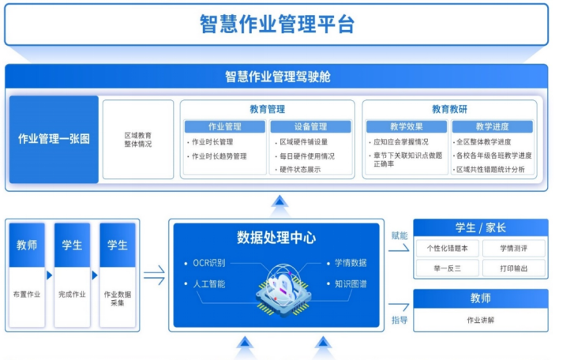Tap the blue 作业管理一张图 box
coord(54,139)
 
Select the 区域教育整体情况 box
coord(137,139)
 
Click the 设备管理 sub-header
coord(310,126)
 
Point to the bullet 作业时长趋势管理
coord(219,156)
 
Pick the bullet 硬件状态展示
coord(300,170)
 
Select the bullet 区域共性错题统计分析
coord(490,170)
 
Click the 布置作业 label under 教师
coord(26,294)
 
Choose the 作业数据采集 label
coord(117,299)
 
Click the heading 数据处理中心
coord(276,238)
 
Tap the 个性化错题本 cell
coord(447,248)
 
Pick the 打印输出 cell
coord(513,268)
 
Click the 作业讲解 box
coord(480,321)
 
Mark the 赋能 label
coord(399,235)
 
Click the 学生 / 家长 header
coord(480,228)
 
